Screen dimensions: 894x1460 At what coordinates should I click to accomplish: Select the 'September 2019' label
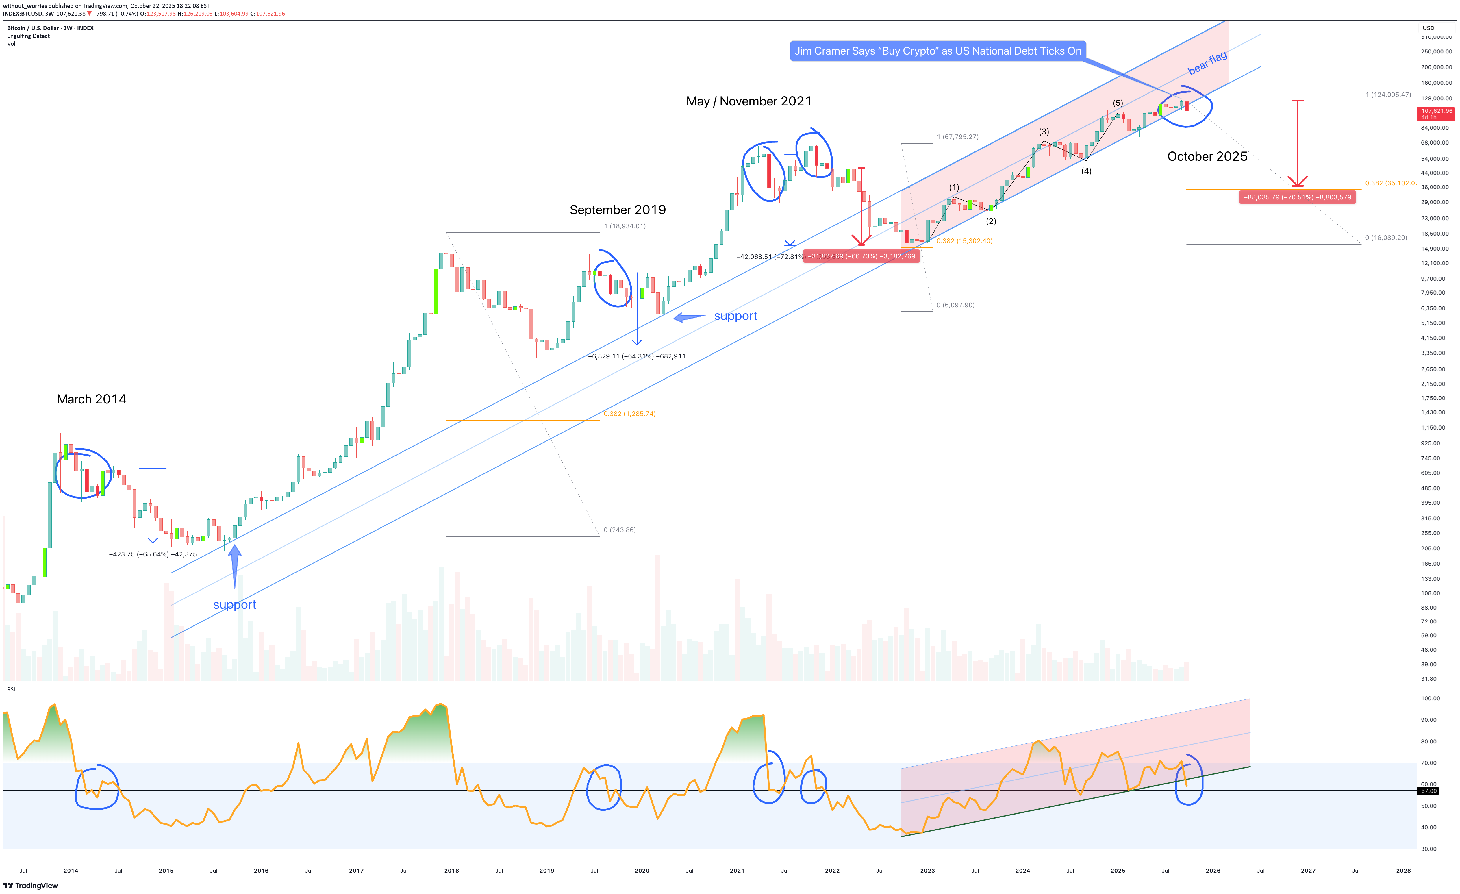617,210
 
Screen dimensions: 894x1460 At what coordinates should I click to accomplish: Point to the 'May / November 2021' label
748,101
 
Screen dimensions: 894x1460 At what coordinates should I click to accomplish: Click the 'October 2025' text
1207,156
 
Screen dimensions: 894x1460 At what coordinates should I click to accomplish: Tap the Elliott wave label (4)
1086,171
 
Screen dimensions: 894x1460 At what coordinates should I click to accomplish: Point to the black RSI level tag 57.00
1428,791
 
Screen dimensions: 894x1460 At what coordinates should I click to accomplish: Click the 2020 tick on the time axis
642,870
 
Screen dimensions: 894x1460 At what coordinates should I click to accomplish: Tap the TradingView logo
31,886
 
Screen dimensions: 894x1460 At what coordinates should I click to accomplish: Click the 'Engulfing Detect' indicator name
28,36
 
